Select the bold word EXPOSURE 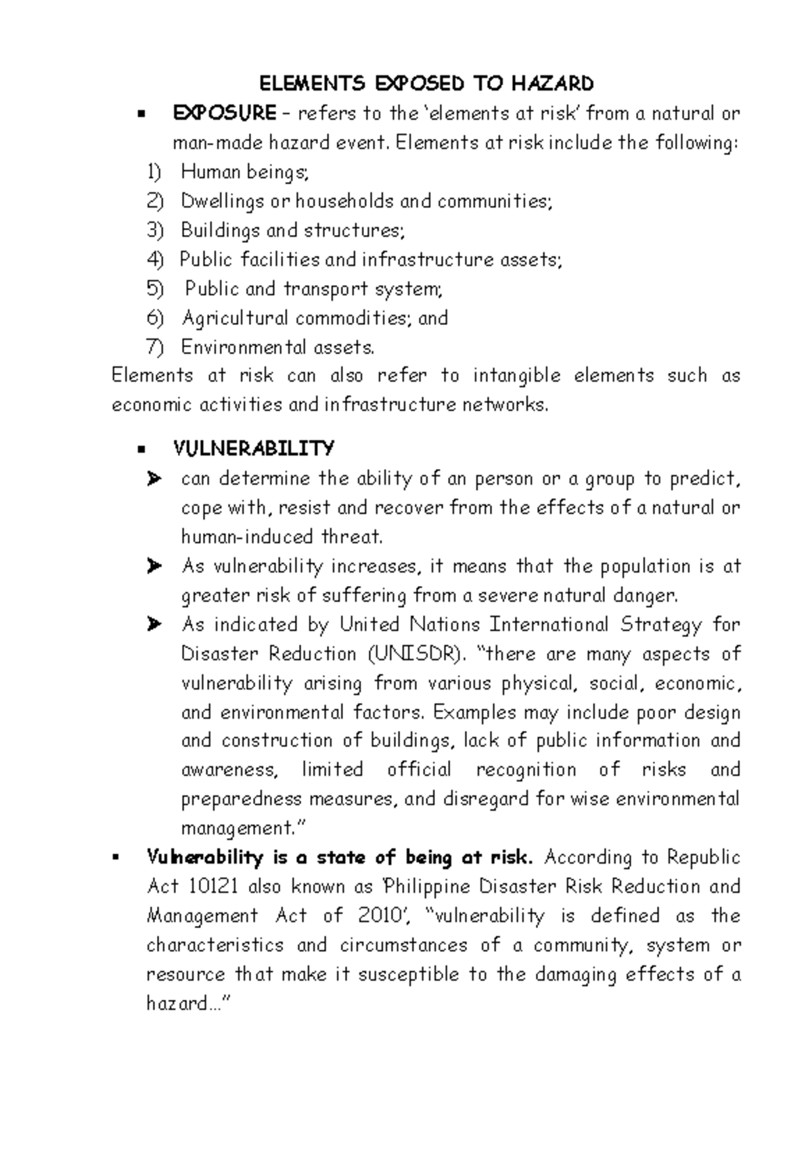coord(224,113)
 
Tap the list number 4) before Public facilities coord(155,260)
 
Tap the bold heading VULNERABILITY coord(254,449)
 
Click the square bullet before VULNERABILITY coord(141,449)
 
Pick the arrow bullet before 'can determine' coord(154,479)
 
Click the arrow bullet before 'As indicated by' coord(154,624)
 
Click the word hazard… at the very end coord(183,1004)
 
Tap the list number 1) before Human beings coord(154,173)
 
